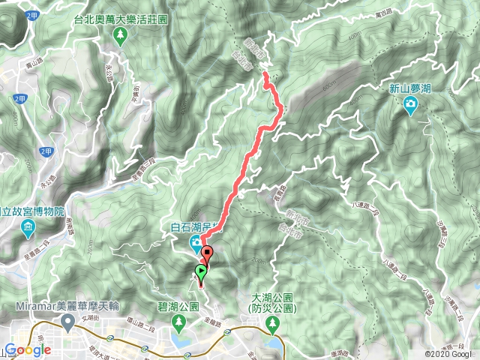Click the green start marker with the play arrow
coord(201,271)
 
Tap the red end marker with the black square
coord(208,253)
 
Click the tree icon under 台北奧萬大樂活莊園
coord(118,35)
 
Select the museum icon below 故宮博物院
coord(28,226)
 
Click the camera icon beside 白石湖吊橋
coord(194,241)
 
